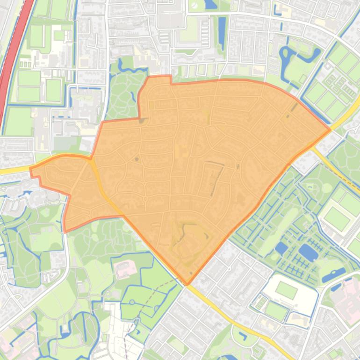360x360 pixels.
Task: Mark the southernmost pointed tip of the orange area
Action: click(187, 284)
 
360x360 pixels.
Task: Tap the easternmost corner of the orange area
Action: click(331, 129)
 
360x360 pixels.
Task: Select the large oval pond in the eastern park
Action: click(308, 252)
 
